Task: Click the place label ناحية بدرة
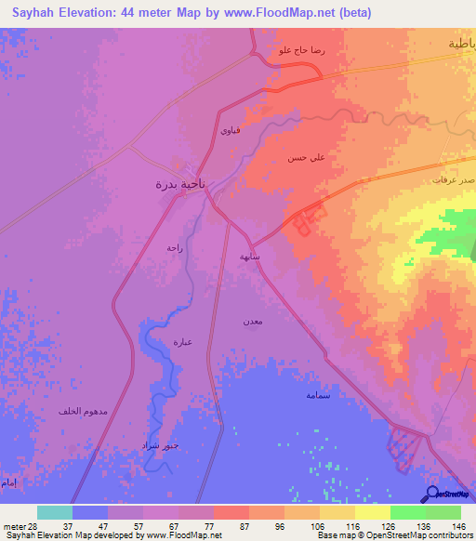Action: point(179,183)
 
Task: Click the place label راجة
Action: point(175,247)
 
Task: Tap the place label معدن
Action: point(254,320)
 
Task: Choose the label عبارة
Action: point(182,342)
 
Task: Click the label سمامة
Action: point(318,395)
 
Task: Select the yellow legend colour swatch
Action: point(372,512)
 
